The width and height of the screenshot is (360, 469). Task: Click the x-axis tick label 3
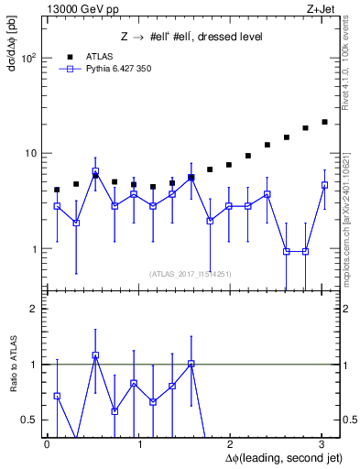(x=322, y=444)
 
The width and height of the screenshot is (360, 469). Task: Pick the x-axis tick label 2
(x=231, y=444)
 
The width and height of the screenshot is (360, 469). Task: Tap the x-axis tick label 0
(x=47, y=444)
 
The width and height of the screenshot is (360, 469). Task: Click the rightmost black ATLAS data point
(x=324, y=122)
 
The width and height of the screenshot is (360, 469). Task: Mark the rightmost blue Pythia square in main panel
(x=324, y=185)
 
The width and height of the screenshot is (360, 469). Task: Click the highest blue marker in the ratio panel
(x=95, y=355)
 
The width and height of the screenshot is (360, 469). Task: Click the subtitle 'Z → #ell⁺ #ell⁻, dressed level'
(x=191, y=37)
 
